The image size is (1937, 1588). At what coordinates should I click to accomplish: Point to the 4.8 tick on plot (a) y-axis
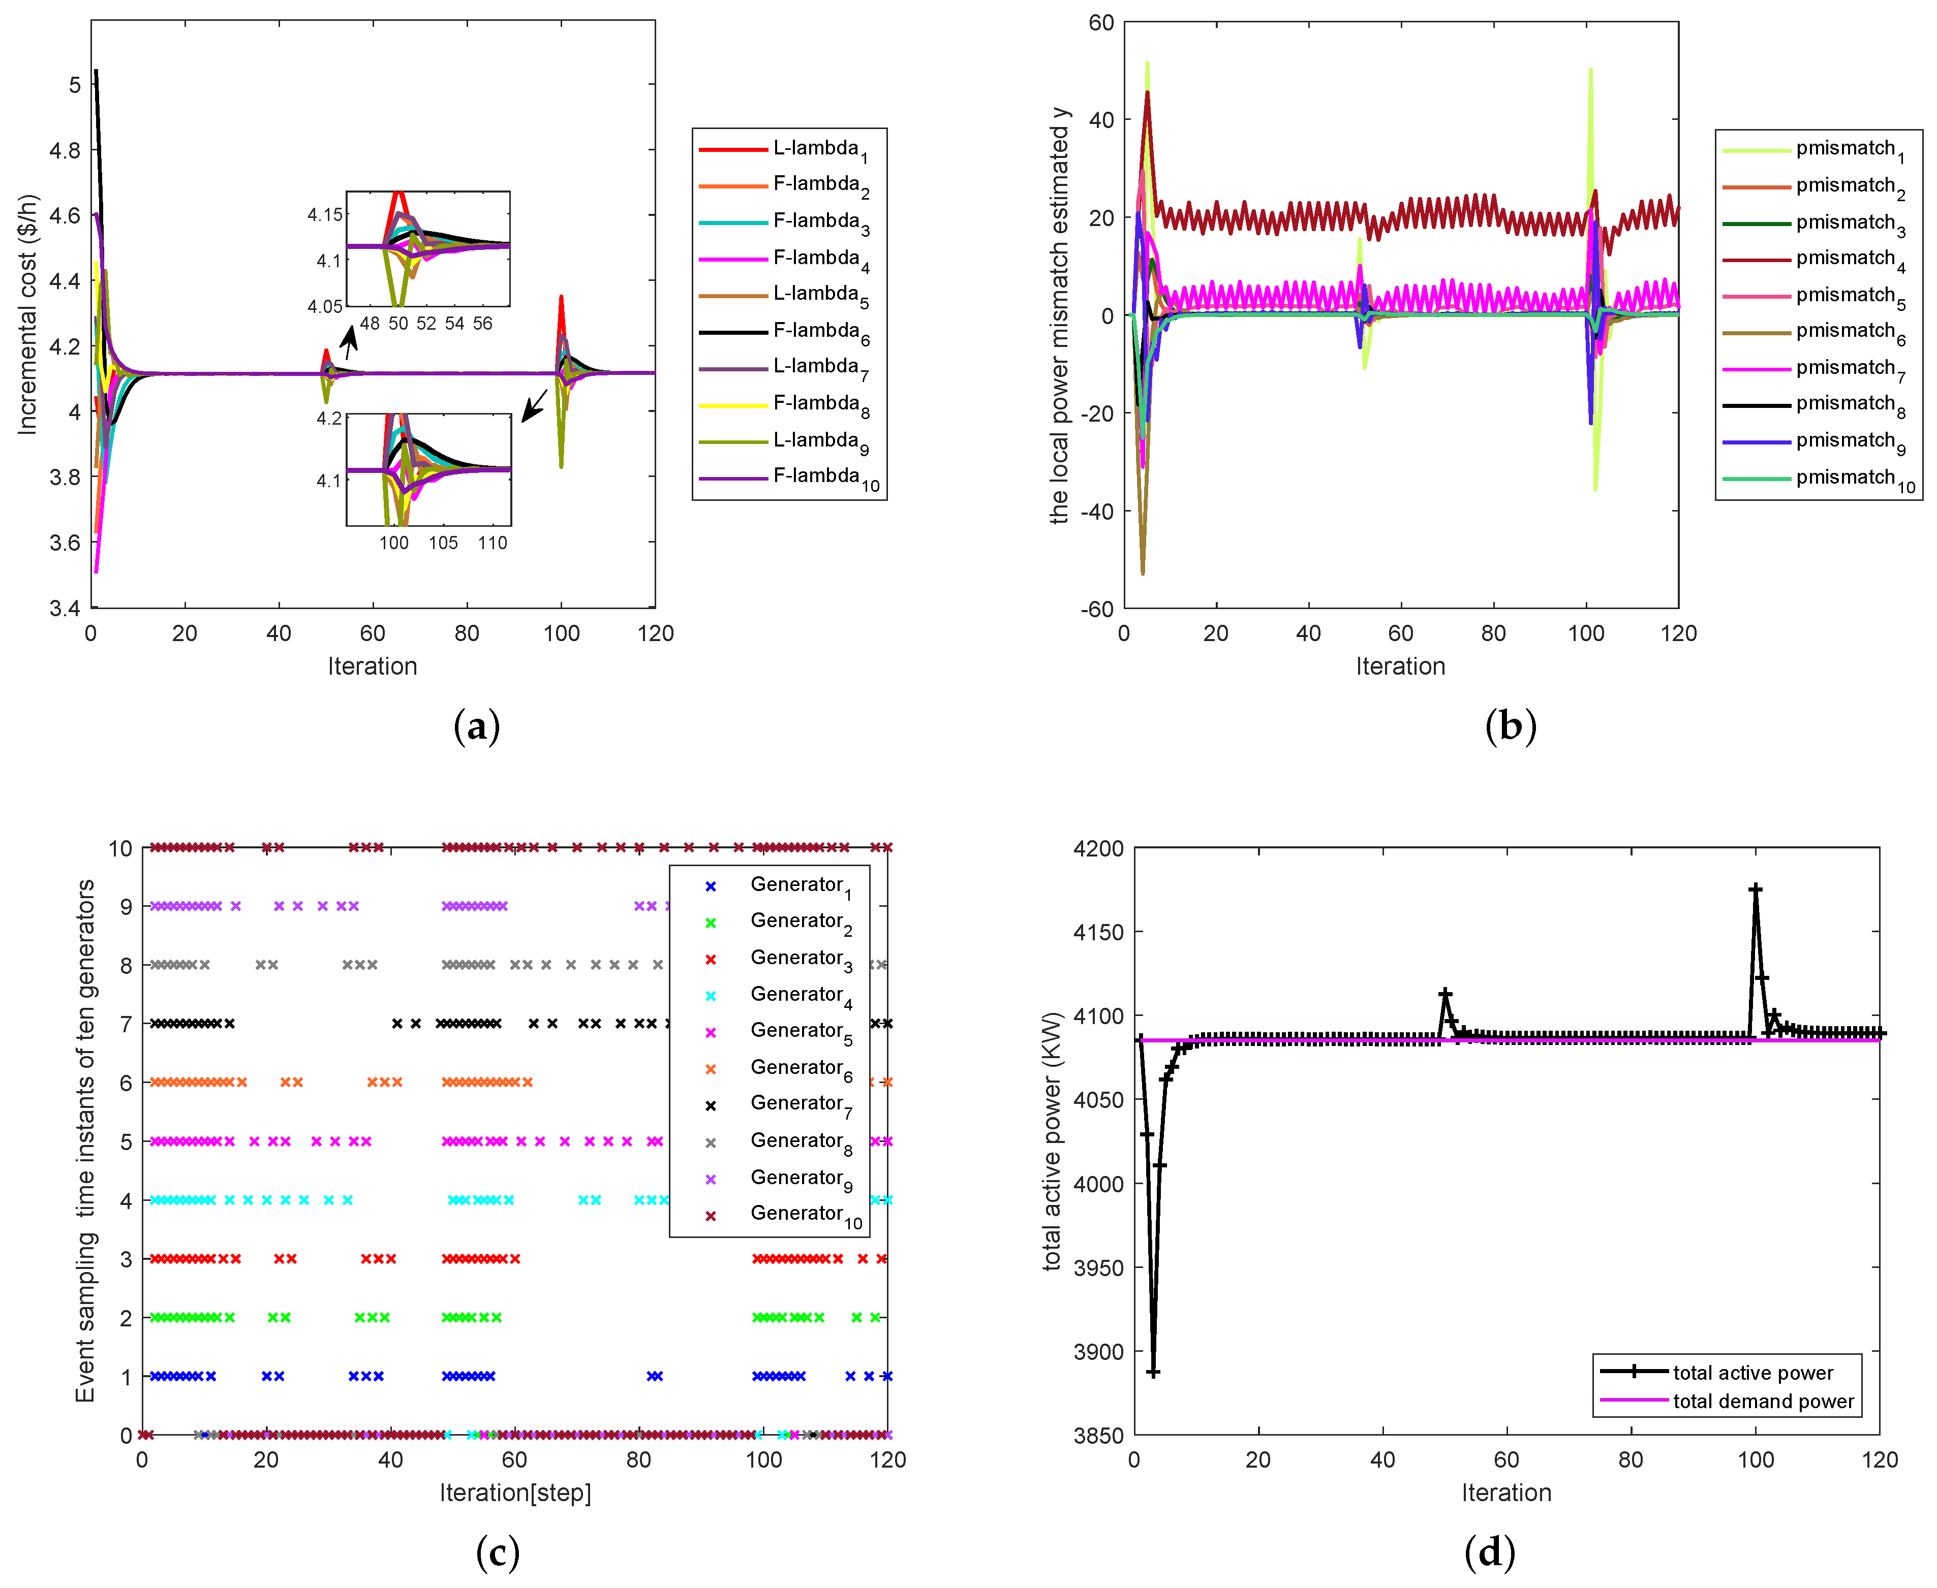point(64,150)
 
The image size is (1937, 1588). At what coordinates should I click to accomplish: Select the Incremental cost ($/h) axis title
point(27,314)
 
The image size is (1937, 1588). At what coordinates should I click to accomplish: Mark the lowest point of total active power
point(1153,1372)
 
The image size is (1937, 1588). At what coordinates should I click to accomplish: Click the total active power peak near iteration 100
point(1755,889)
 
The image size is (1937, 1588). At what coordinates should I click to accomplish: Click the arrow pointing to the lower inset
point(534,405)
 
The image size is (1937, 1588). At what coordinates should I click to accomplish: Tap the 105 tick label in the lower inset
point(443,543)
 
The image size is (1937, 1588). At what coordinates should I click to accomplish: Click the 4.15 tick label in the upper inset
point(325,215)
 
